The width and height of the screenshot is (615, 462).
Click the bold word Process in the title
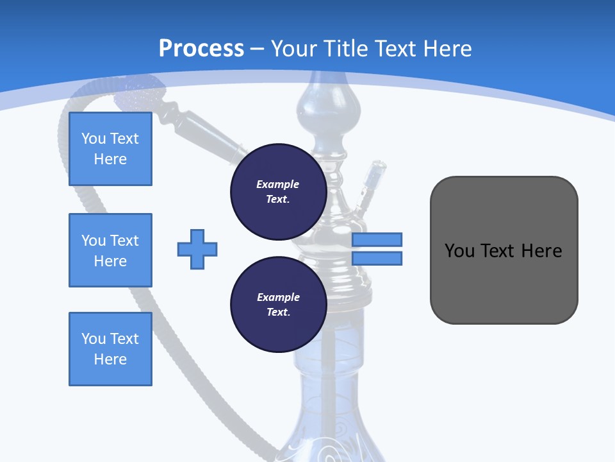201,49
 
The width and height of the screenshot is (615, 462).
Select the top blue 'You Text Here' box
110,149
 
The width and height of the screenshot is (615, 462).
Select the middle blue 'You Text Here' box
110,250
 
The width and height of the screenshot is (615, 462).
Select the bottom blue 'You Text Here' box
110,349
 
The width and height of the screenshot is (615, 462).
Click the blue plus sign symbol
197,249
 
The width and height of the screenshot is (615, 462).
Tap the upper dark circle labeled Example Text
278,192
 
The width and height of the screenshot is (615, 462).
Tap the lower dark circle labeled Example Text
278,305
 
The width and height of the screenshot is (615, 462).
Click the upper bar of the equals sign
377,239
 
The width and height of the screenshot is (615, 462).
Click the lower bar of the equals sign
377,259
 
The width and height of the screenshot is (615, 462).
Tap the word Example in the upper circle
278,184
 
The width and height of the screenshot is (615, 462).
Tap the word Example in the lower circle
278,297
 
